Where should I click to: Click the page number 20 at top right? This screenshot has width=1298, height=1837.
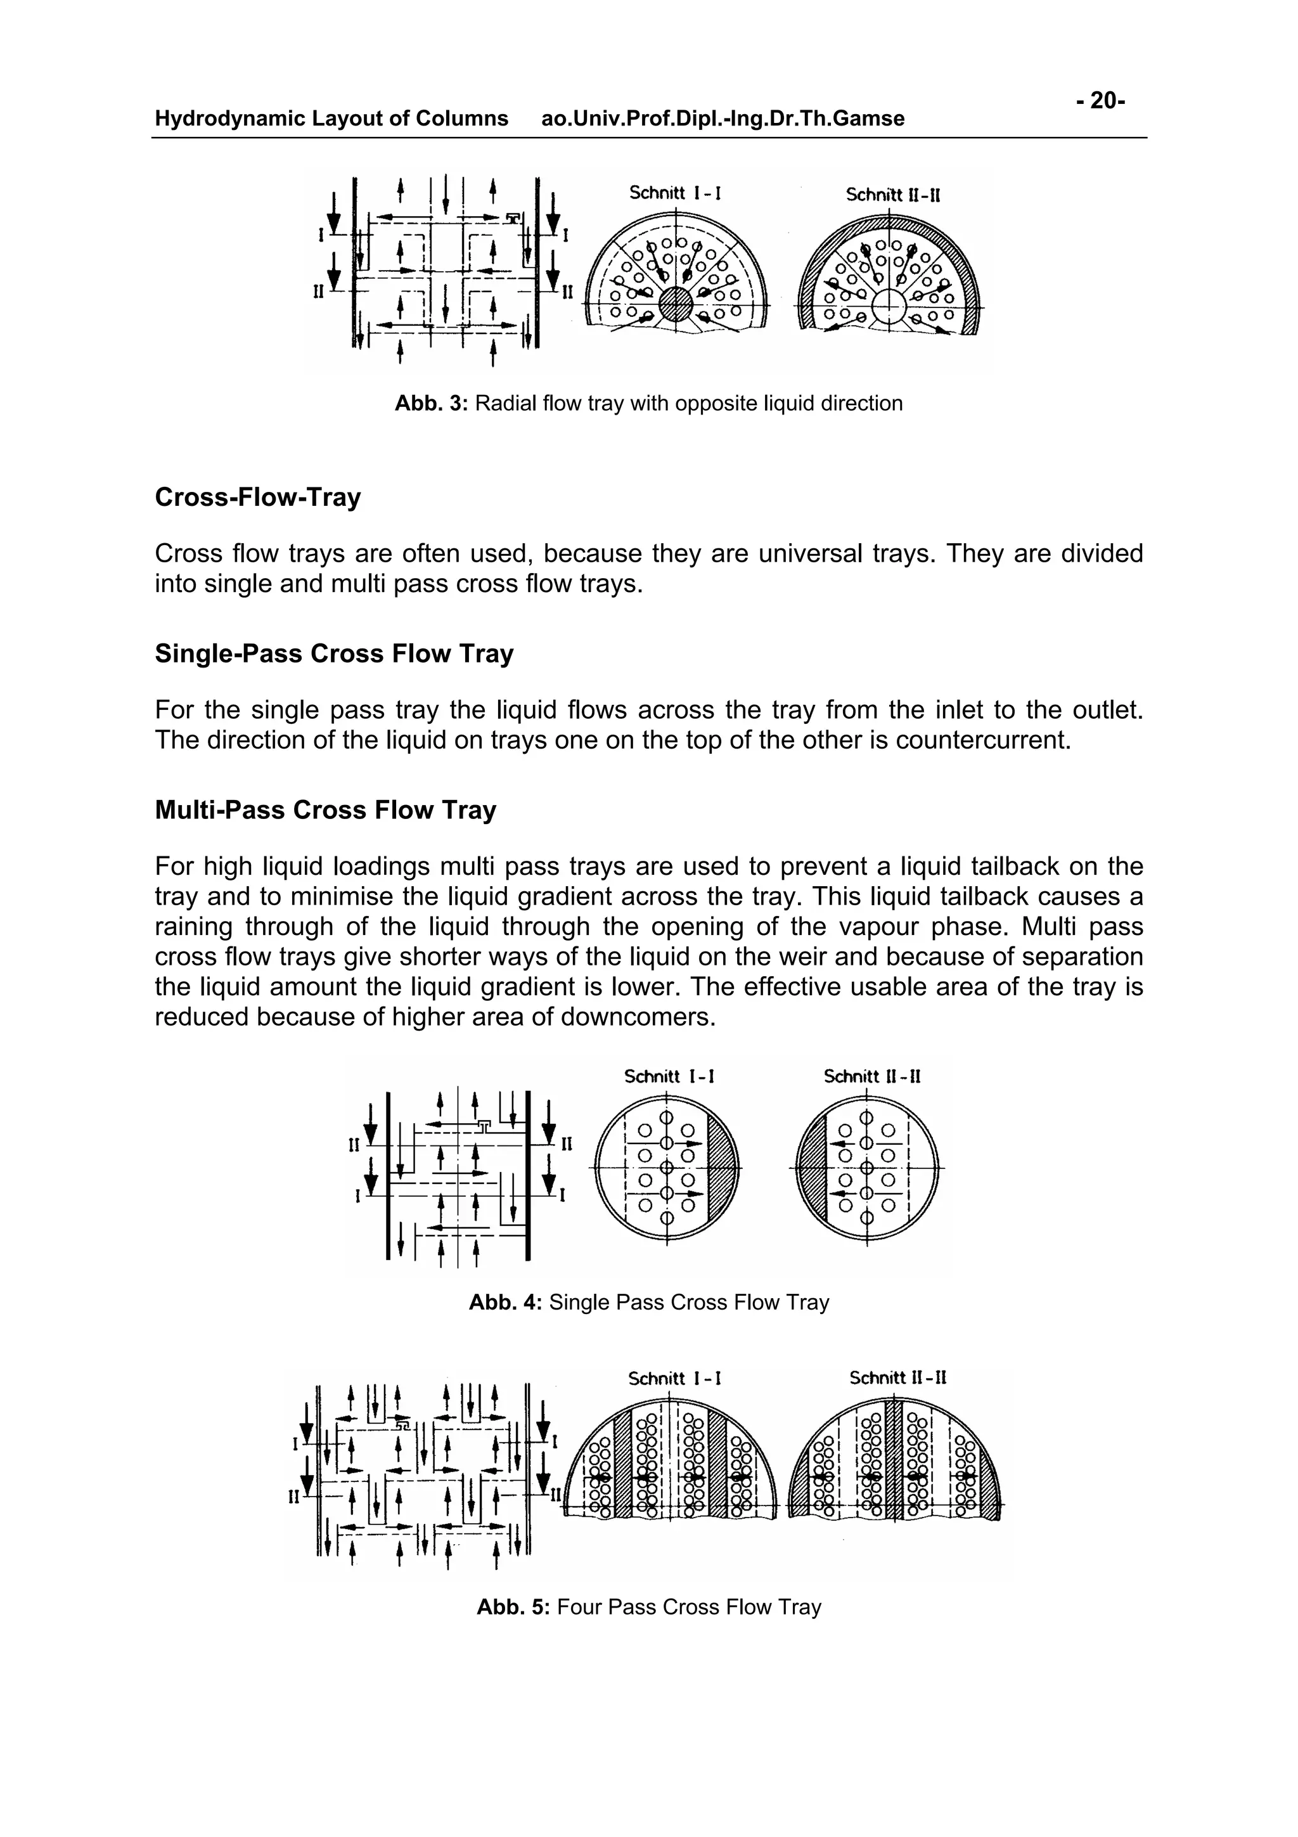point(1102,101)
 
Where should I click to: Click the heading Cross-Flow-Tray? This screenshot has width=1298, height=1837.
point(257,497)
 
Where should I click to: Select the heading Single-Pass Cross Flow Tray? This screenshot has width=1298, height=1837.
point(333,654)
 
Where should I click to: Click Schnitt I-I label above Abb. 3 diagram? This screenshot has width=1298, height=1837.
point(675,193)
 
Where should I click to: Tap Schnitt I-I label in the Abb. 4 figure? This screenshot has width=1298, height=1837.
point(669,1077)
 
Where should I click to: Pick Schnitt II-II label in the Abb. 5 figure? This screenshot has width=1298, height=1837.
point(898,1378)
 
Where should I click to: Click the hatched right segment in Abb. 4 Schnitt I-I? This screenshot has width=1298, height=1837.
point(724,1166)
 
